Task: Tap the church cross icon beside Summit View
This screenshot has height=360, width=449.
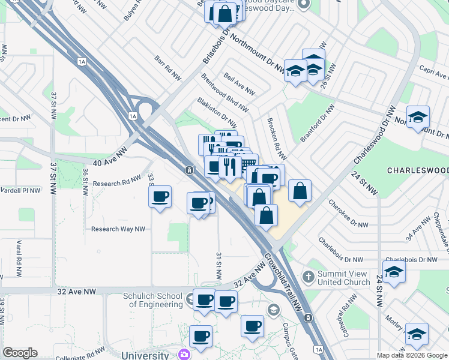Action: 309,277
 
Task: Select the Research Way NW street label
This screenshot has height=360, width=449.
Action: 118,229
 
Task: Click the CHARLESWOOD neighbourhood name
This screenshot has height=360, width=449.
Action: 418,170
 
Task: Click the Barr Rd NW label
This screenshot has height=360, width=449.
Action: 167,69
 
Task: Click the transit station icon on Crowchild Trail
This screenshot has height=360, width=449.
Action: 189,170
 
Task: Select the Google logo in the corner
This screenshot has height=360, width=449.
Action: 20,353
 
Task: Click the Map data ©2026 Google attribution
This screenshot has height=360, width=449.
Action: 412,355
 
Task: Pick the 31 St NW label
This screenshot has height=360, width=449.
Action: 218,266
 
